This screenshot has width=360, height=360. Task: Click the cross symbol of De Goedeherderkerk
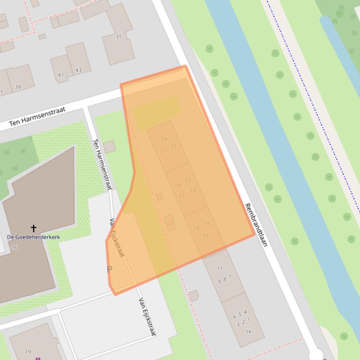point(34,228)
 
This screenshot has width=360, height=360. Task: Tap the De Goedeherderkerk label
point(34,237)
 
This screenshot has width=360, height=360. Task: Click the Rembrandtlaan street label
point(255,225)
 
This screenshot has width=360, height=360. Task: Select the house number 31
point(118,36)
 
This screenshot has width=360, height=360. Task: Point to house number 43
point(78,70)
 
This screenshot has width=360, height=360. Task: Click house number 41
point(61,75)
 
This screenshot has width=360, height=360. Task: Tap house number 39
point(18,87)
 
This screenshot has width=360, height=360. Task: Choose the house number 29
point(164,139)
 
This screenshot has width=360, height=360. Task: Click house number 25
point(174,146)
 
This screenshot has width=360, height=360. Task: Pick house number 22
point(188,180)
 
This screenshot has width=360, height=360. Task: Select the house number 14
point(206,236)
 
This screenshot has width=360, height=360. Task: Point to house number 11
point(220,268)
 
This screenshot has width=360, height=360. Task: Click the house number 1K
point(249,332)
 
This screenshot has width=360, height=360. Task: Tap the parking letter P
point(110,269)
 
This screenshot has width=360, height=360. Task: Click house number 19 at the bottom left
point(28,352)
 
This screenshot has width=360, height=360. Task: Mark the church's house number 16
point(14,247)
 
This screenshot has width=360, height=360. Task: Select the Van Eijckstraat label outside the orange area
point(147,317)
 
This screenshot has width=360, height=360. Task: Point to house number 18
point(196,228)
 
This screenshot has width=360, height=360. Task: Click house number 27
point(163,151)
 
